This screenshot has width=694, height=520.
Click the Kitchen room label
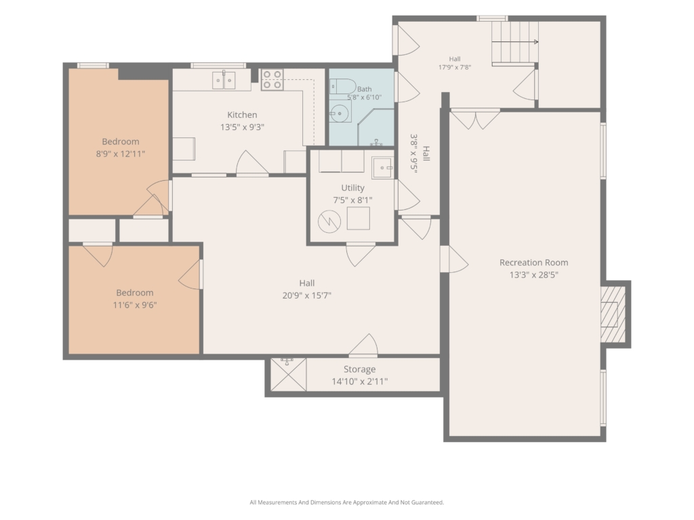pyautogui.click(x=242, y=115)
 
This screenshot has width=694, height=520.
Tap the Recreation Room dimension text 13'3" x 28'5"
pyautogui.click(x=534, y=275)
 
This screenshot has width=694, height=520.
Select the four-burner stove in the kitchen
pyautogui.click(x=272, y=80)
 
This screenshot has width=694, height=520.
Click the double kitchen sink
pyautogui.click(x=224, y=81)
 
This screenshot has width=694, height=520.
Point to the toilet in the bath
pyautogui.click(x=342, y=86)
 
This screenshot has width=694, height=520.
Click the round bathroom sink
pyautogui.click(x=340, y=114)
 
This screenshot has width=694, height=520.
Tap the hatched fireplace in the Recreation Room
pyautogui.click(x=613, y=314)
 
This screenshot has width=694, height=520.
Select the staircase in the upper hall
pyautogui.click(x=515, y=43)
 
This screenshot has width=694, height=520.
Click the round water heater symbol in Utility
pyautogui.click(x=329, y=221)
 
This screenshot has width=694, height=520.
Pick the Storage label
pyautogui.click(x=359, y=369)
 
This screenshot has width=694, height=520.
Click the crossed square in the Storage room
pyautogui.click(x=288, y=374)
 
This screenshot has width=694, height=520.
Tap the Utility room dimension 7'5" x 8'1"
pyautogui.click(x=352, y=200)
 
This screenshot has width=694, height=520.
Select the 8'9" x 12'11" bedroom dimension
pyautogui.click(x=121, y=154)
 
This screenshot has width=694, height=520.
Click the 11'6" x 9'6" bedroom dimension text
pyautogui.click(x=135, y=305)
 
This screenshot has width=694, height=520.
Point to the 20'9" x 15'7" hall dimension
pyautogui.click(x=307, y=295)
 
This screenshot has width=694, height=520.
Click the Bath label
pyautogui.click(x=364, y=89)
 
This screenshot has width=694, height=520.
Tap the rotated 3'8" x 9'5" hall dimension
pyautogui.click(x=414, y=154)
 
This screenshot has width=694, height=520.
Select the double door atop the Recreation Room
pyautogui.click(x=475, y=118)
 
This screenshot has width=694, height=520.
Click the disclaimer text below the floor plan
pyautogui.click(x=346, y=502)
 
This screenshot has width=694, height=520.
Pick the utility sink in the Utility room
pyautogui.click(x=382, y=168)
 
